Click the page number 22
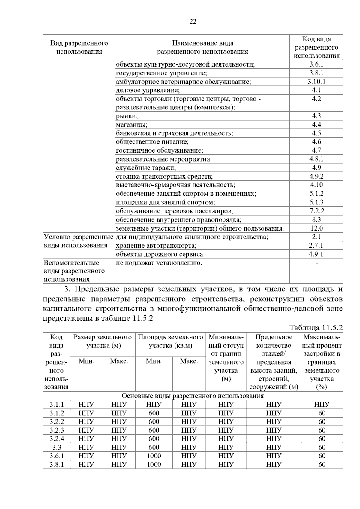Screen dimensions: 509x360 click(193, 22)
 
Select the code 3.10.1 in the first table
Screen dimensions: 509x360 click(316, 82)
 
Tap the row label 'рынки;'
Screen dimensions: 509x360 click(127, 116)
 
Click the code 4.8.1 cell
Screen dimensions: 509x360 click(316, 159)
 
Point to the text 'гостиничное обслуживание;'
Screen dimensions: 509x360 click(159, 150)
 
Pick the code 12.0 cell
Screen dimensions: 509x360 click(316, 228)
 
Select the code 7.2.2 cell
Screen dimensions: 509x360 click(316, 211)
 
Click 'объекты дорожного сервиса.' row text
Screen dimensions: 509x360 click(160, 254)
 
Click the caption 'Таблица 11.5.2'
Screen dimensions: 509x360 click(316, 328)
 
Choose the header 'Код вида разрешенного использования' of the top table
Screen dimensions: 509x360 click(316, 47)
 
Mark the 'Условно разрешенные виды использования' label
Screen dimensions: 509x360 click(78, 241)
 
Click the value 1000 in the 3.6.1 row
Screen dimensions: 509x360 click(154, 456)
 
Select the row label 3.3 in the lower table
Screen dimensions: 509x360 click(56, 447)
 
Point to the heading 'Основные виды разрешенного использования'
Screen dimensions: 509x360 click(193, 396)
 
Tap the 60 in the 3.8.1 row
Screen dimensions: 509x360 click(322, 465)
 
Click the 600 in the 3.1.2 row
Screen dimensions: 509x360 click(154, 413)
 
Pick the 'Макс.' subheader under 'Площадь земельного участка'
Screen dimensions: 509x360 click(189, 361)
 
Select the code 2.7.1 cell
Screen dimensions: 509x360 click(316, 246)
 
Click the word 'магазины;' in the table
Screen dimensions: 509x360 click(132, 125)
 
